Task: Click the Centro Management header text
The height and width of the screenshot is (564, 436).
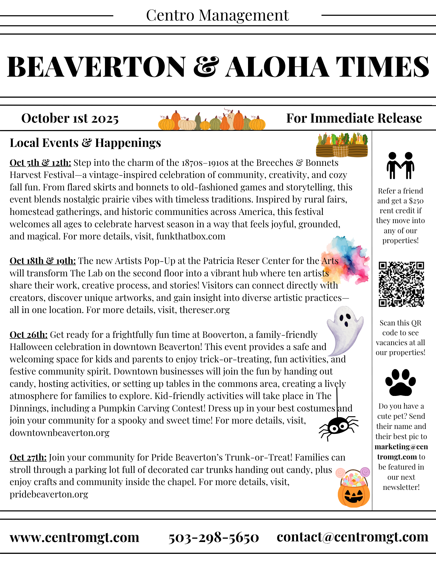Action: tap(217, 16)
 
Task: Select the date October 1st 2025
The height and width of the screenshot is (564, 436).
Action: tap(70, 118)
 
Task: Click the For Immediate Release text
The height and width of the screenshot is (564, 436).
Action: tap(354, 118)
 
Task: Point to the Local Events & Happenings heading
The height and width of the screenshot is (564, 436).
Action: tap(85, 143)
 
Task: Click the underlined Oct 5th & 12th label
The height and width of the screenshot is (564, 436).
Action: tap(40, 163)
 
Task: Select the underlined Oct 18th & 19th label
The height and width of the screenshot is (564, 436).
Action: tap(43, 261)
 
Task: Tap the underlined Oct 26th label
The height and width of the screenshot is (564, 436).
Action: tap(29, 335)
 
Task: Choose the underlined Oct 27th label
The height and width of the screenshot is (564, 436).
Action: tap(28, 457)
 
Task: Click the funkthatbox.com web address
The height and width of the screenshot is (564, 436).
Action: tap(191, 236)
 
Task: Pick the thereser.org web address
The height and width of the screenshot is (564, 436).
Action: tap(205, 310)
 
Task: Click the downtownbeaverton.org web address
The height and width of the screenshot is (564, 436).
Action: tap(60, 433)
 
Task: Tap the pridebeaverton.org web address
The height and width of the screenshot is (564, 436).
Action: tap(49, 494)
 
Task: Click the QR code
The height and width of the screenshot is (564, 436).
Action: tap(401, 284)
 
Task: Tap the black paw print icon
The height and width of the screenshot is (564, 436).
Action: tap(400, 383)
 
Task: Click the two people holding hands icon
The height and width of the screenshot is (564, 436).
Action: tap(400, 166)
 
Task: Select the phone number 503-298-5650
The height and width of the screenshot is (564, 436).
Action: tap(214, 537)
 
